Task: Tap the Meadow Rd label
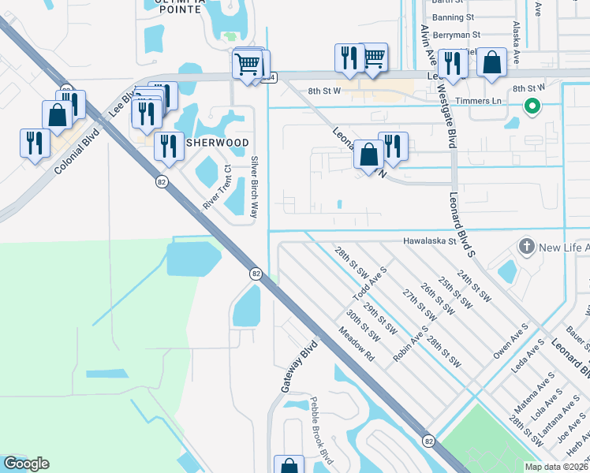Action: click(x=356, y=344)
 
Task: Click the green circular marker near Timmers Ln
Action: click(x=532, y=106)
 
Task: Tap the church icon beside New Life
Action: click(x=526, y=248)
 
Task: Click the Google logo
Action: click(x=25, y=464)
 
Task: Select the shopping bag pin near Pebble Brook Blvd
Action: click(x=289, y=465)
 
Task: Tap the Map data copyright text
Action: click(x=556, y=467)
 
